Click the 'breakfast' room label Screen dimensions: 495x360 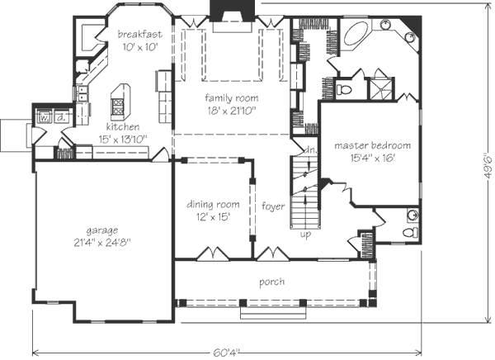pyautogui.click(x=140, y=34)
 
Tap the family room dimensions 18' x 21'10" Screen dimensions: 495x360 pyautogui.click(x=231, y=111)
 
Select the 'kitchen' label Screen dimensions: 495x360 pyautogui.click(x=123, y=126)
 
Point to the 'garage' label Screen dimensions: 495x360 pyautogui.click(x=102, y=230)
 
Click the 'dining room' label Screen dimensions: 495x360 pyautogui.click(x=213, y=204)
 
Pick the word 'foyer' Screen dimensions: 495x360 pyautogui.click(x=273, y=206)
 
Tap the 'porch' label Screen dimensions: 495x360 pyautogui.click(x=271, y=282)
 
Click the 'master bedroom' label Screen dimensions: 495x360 pyautogui.click(x=373, y=145)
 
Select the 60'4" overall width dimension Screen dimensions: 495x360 pyautogui.click(x=226, y=353)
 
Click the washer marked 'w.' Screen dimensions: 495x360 pyautogui.click(x=45, y=117)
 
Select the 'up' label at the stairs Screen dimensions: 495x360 pyautogui.click(x=305, y=234)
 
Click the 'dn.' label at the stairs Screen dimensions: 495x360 pyautogui.click(x=311, y=150)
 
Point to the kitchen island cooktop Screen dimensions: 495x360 pyautogui.click(x=118, y=107)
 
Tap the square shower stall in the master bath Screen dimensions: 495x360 pyautogui.click(x=381, y=88)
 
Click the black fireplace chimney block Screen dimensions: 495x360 pyautogui.click(x=233, y=11)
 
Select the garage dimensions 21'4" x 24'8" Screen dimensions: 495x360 pyautogui.click(x=102, y=243)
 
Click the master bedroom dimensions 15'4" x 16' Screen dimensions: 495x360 pyautogui.click(x=373, y=158)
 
